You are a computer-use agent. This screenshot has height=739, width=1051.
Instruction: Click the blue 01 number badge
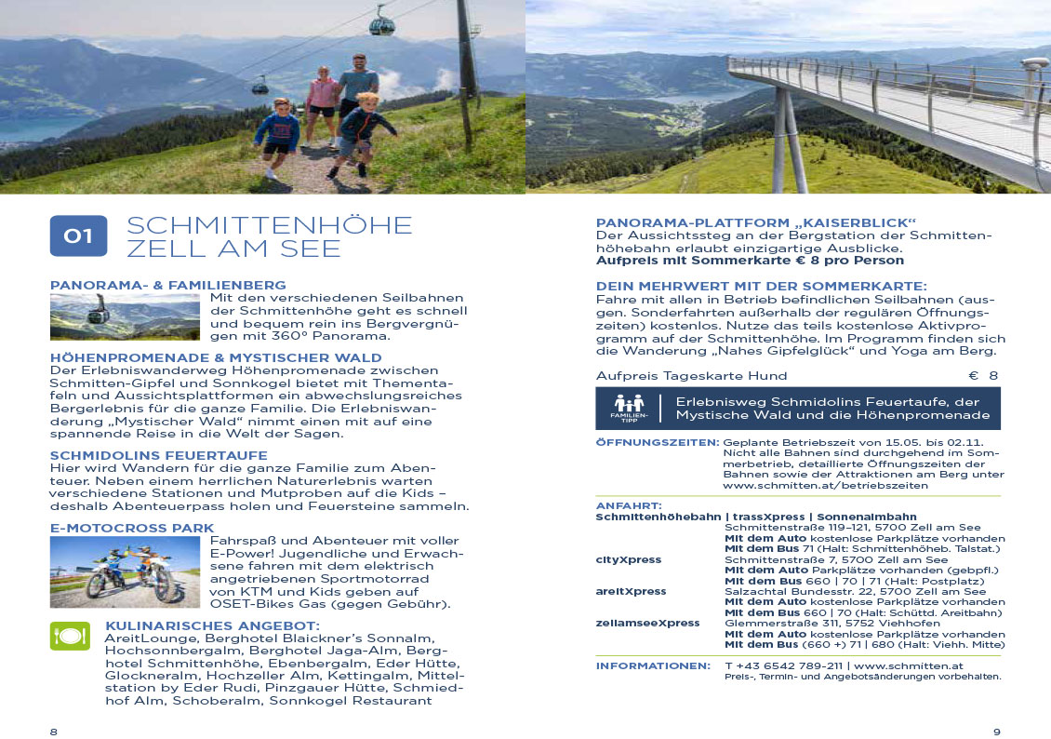(x=78, y=235)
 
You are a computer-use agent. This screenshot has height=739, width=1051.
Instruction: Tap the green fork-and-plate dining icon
(x=70, y=637)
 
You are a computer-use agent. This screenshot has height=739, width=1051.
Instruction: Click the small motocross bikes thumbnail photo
(x=125, y=571)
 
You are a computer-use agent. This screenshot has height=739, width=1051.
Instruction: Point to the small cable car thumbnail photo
(x=125, y=316)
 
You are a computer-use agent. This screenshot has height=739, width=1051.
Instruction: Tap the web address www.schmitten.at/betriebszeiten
(x=825, y=486)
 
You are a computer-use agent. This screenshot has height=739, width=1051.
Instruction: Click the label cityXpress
(x=628, y=559)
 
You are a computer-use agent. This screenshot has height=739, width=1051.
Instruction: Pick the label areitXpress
(x=631, y=591)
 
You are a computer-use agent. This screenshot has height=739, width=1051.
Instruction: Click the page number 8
(x=53, y=732)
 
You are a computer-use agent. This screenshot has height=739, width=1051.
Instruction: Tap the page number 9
(x=996, y=732)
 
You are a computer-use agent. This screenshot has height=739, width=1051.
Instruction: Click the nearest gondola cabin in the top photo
(x=381, y=21)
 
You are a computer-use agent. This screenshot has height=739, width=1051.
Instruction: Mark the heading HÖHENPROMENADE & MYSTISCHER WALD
(x=216, y=357)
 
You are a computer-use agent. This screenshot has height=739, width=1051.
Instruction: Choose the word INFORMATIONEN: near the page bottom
(x=653, y=666)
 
